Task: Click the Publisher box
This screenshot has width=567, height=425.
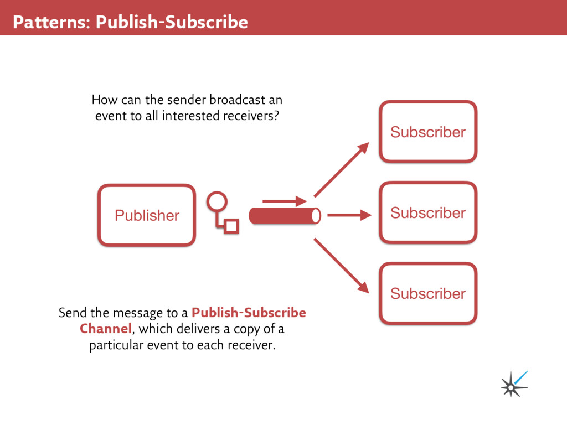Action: pos(147,215)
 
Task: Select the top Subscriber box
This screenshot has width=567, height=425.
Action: pos(428,132)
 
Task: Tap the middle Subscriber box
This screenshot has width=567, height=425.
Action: pos(428,212)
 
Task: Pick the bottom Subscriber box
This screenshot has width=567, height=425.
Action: pos(428,293)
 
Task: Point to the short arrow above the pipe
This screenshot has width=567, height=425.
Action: pos(284,201)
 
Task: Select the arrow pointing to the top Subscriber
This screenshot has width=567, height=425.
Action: pos(341,169)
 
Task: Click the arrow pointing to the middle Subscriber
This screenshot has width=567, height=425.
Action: pos(349,215)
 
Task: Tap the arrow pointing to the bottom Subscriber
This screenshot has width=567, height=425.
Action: pos(341,265)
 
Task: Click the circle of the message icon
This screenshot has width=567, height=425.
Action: pos(217,202)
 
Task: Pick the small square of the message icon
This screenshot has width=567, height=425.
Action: pos(231,226)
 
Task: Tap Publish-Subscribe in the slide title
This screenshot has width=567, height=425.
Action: pos(172,22)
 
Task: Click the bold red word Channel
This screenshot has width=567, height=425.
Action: pos(106,329)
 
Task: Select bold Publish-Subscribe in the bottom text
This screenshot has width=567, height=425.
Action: pos(249,313)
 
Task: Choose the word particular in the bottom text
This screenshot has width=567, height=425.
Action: pos(117,346)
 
